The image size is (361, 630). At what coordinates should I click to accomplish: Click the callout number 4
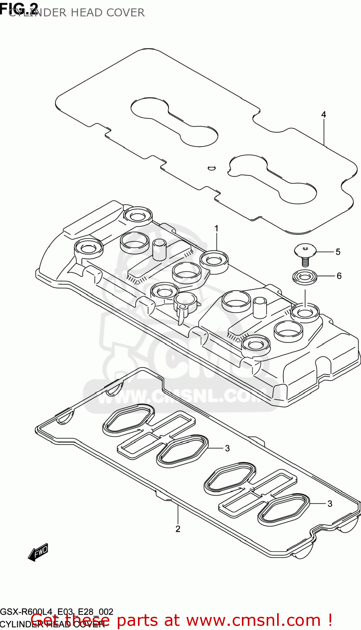click(323, 114)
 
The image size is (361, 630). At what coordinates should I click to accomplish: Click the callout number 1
click(216, 228)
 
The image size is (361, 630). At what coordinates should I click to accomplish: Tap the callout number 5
click(338, 252)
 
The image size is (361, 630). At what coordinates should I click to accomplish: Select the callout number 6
click(339, 276)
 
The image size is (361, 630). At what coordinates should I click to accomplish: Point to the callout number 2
click(178, 529)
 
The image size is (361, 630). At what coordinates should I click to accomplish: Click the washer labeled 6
click(305, 277)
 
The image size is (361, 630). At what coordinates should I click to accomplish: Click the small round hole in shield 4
click(211, 168)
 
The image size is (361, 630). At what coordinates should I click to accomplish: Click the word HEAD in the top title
click(86, 13)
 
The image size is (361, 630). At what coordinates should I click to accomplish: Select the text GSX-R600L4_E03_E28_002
click(57, 612)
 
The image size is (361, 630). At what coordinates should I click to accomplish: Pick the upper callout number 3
click(227, 448)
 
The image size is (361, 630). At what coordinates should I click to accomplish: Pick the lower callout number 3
click(330, 503)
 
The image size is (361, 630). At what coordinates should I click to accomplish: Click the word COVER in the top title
click(125, 13)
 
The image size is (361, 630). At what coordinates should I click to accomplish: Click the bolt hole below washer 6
click(305, 312)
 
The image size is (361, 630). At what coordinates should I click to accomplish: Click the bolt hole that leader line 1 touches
click(214, 259)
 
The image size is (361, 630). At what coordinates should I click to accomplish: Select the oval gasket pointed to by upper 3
click(182, 450)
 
